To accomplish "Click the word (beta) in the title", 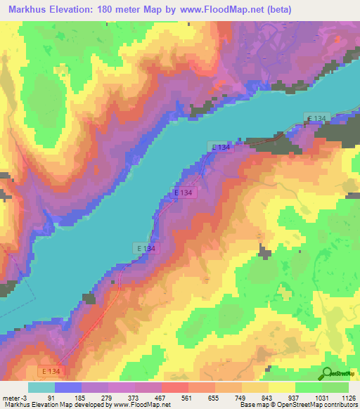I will click(259, 11).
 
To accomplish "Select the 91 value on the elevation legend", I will click(51, 397).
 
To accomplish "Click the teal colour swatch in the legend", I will click(41, 387).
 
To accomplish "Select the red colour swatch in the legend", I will click(175, 387).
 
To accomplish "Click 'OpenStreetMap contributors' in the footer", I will click(317, 405).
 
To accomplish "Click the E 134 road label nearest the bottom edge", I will click(50, 370).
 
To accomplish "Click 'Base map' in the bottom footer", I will click(252, 405).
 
